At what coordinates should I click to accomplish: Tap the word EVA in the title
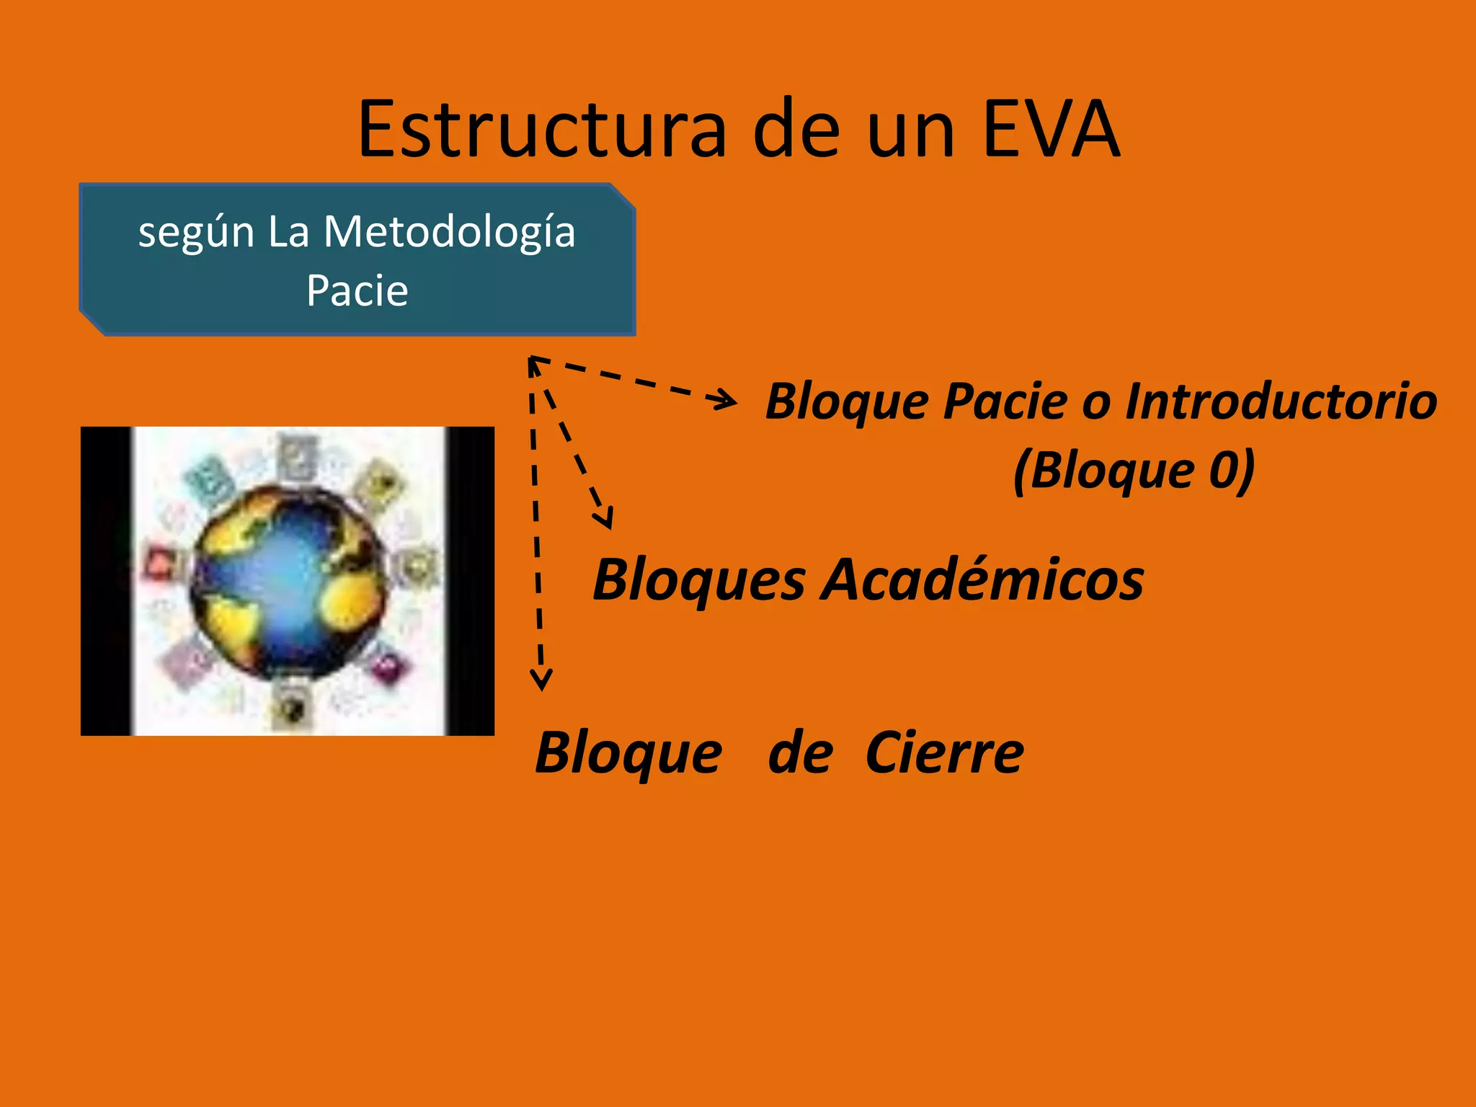tap(1051, 130)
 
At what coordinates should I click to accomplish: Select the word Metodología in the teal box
tap(449, 232)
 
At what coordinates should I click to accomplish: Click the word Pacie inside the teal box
tap(357, 290)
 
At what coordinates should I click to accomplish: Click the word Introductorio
tap(1281, 401)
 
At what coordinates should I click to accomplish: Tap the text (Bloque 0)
tap(1134, 470)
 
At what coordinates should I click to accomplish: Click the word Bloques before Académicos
tap(698, 581)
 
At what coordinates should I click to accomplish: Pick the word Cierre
tap(944, 753)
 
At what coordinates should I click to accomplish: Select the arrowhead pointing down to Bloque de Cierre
tap(541, 680)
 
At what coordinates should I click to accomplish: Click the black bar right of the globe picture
tap(470, 581)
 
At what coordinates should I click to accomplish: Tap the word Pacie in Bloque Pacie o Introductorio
tap(1005, 401)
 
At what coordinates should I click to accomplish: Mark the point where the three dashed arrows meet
tap(532, 360)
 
